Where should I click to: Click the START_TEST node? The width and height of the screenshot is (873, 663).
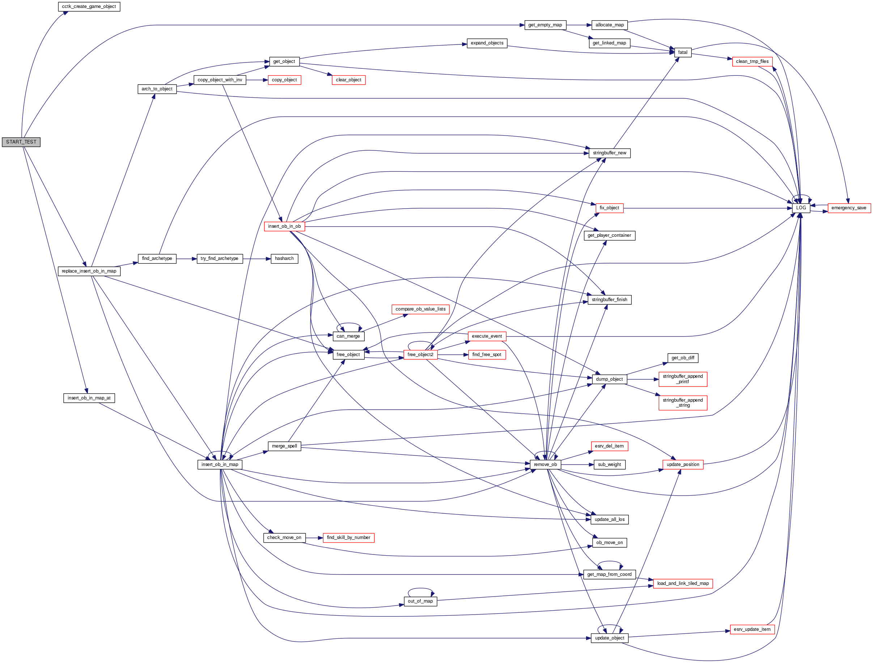[21, 142]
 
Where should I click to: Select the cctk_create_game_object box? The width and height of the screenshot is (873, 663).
[89, 7]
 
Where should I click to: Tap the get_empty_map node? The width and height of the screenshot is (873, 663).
[545, 25]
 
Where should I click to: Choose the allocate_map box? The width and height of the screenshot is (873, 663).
[609, 25]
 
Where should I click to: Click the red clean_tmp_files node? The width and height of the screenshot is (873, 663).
[752, 61]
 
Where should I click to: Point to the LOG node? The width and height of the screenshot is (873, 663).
[801, 208]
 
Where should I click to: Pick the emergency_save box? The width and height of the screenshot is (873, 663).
[848, 208]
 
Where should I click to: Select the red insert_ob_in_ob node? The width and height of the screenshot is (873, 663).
[284, 227]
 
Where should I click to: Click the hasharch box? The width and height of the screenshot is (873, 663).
[284, 259]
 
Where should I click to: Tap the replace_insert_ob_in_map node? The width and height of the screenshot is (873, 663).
[89, 271]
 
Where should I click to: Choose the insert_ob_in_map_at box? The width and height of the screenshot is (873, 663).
[89, 398]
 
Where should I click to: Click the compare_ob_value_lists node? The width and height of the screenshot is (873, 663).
[420, 309]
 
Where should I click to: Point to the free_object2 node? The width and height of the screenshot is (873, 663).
[420, 355]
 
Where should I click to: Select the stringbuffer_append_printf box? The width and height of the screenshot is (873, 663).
[682, 379]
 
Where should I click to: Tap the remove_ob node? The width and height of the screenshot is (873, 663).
[545, 465]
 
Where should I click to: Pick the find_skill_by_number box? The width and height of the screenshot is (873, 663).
[348, 538]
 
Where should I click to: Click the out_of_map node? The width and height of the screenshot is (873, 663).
[420, 602]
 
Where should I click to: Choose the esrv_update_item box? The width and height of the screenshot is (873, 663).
[752, 629]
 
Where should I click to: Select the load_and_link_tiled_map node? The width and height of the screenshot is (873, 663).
[682, 584]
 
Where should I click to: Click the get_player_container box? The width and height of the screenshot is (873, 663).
[609, 236]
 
